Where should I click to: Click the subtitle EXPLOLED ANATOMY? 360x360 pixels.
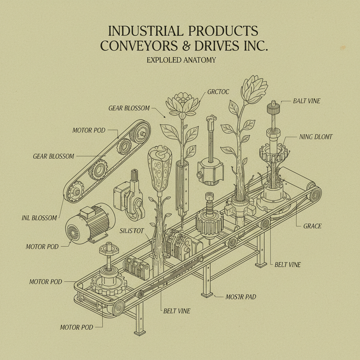coord(181,60)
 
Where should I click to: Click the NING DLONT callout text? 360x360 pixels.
coord(316,137)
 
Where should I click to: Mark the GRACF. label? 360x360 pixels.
coord(312,226)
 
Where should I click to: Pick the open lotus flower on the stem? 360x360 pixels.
coord(182,104)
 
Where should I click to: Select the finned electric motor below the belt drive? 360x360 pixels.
coord(90,224)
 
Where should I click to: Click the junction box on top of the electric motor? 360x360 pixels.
coord(87,211)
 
